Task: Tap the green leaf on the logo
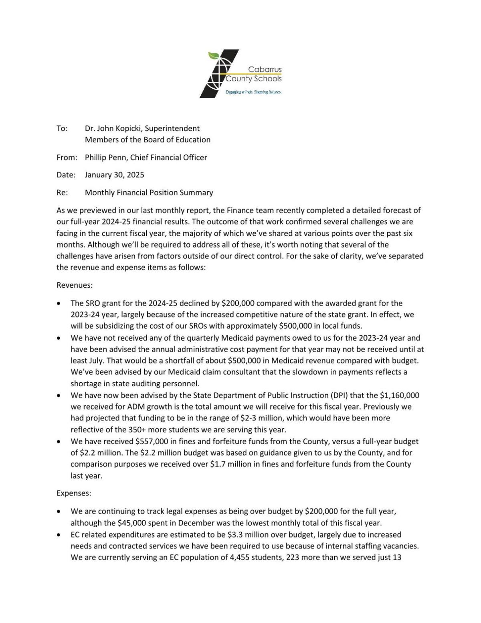tap(213, 55)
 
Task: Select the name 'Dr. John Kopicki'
tap(113, 128)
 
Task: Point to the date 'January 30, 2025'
tap(114, 175)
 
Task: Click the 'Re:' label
tap(62, 193)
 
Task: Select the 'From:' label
tap(67, 157)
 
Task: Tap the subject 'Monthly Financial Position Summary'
tap(149, 193)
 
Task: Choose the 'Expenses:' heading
tap(74, 493)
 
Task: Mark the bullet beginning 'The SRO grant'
tap(59, 303)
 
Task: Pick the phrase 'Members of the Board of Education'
tap(148, 140)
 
